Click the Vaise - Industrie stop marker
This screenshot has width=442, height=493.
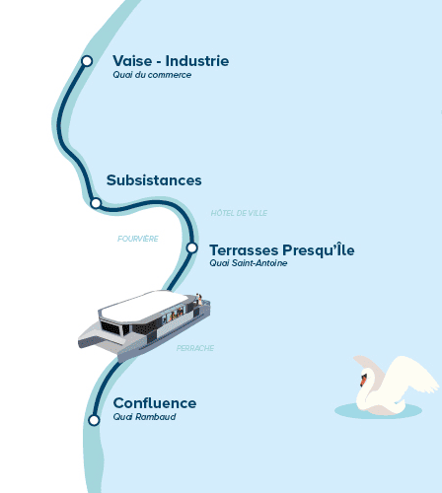[87, 61]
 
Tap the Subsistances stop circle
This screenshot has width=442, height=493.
[96, 203]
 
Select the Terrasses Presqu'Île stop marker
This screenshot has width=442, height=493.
[191, 247]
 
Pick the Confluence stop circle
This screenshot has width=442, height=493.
[94, 420]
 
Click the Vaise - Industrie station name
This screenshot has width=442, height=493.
[171, 61]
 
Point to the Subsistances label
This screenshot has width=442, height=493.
[154, 180]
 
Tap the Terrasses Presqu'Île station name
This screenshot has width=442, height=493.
[282, 249]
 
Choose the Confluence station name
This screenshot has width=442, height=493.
[155, 403]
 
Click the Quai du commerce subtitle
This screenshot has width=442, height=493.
[152, 75]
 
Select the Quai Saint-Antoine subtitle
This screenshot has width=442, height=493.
[249, 263]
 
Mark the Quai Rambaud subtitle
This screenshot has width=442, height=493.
[144, 417]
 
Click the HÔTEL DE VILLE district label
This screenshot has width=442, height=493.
[239, 213]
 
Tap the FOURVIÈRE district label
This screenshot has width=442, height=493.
[138, 239]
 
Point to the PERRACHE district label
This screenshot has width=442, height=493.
[195, 348]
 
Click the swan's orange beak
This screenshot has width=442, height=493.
[363, 381]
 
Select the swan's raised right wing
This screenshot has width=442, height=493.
[412, 375]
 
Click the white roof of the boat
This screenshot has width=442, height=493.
[145, 306]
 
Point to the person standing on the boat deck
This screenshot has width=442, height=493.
[199, 300]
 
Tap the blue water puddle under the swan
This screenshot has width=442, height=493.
[378, 411]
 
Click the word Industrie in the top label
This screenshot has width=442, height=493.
[197, 61]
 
